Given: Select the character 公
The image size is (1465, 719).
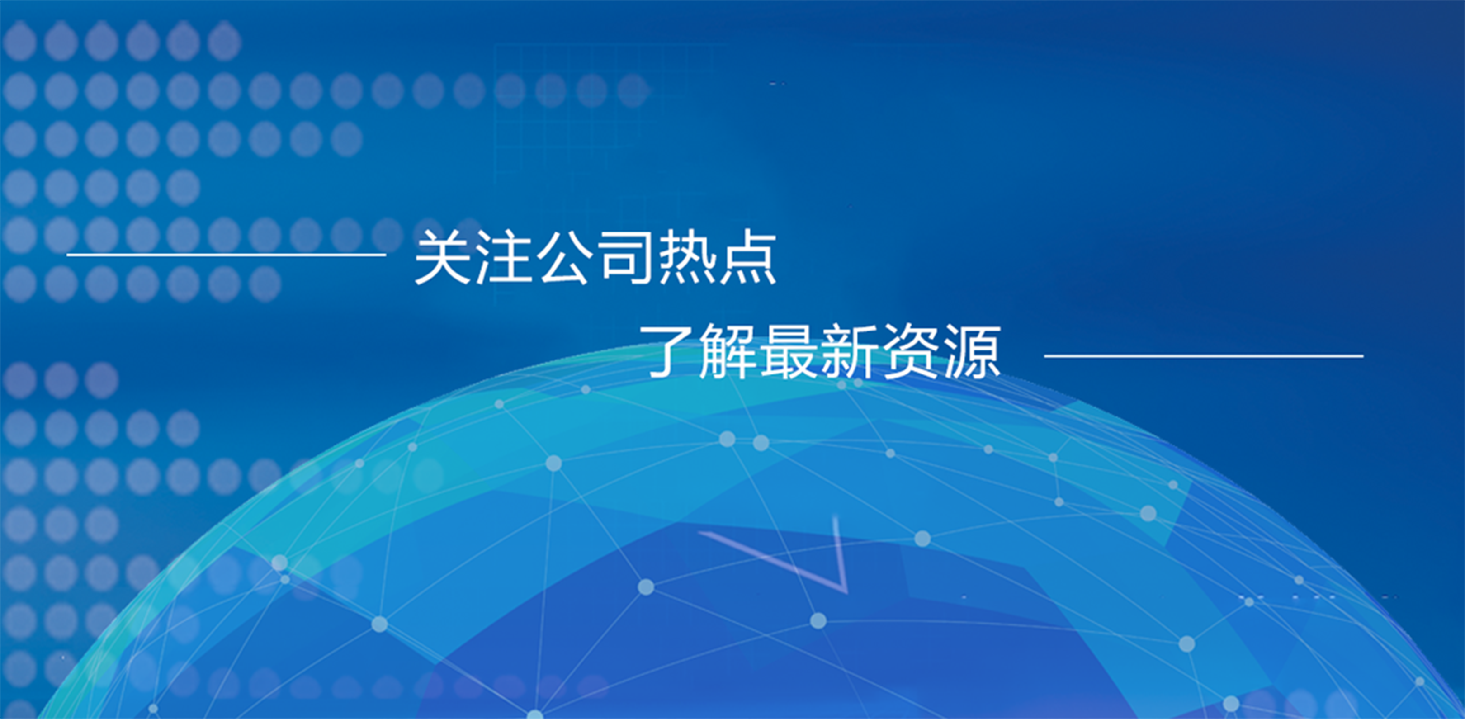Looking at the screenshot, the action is [564, 257].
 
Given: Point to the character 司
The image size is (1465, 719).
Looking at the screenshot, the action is [626, 257].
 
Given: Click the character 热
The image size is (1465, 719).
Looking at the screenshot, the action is [686, 257].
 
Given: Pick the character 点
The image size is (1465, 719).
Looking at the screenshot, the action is [747, 257].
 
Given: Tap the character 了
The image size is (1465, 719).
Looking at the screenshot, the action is [666, 351].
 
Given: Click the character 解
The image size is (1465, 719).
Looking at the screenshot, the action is [728, 351].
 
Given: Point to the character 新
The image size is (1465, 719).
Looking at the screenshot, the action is [850, 351].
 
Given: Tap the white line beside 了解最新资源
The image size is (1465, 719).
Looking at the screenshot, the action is [1204, 356].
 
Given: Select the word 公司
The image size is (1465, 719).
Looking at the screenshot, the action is [595, 257].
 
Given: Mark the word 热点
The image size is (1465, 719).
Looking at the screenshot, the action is [717, 257].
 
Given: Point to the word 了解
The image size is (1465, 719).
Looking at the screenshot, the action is [698, 351].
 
